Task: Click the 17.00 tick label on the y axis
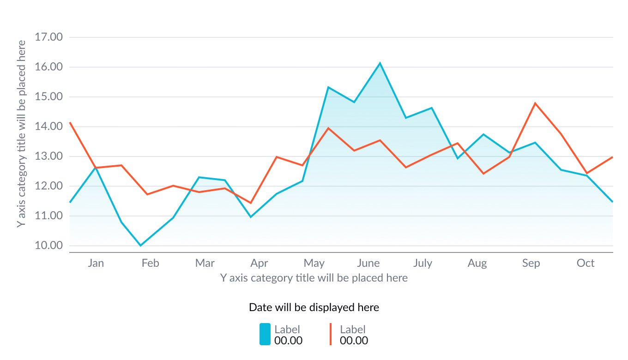pyautogui.click(x=48, y=37)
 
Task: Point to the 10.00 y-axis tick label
pyautogui.click(x=48, y=246)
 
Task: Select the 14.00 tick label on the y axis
pyautogui.click(x=48, y=126)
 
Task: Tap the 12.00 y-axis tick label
pyautogui.click(x=48, y=186)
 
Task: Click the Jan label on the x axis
pyautogui.click(x=96, y=264)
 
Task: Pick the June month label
pyautogui.click(x=368, y=264)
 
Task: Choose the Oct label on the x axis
pyautogui.click(x=586, y=264)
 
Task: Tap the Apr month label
pyautogui.click(x=259, y=264)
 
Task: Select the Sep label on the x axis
pyautogui.click(x=531, y=264)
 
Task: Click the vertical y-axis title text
pyautogui.click(x=21, y=134)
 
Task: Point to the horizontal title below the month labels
pyautogui.click(x=314, y=278)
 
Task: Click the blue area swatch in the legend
pyautogui.click(x=265, y=334)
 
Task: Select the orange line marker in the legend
pyautogui.click(x=331, y=334)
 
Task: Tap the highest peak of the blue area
pyautogui.click(x=380, y=62)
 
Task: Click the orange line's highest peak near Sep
pyautogui.click(x=535, y=103)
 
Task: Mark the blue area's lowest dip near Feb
pyautogui.click(x=141, y=244)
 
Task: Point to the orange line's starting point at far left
pyautogui.click(x=70, y=123)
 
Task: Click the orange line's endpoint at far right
pyautogui.click(x=612, y=157)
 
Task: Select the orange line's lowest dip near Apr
pyautogui.click(x=250, y=203)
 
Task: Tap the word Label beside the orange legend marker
pyautogui.click(x=353, y=329)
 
